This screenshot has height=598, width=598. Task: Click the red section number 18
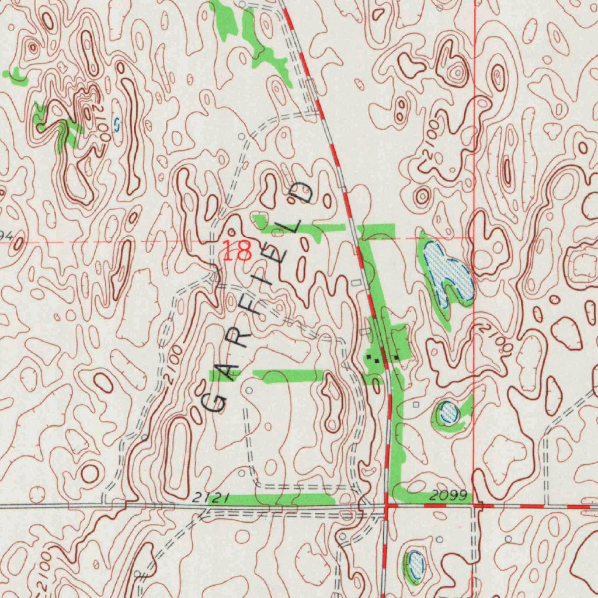[x=237, y=251]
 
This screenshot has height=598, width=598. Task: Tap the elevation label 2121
[x=208, y=497]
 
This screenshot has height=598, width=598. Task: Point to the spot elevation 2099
[x=448, y=496]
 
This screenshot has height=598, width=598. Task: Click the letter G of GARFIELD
[x=215, y=401]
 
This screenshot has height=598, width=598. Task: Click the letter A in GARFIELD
[x=230, y=370]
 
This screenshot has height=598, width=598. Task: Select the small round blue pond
[x=448, y=412]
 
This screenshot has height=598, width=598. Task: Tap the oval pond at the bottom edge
[x=415, y=564]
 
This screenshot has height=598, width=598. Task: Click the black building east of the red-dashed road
[x=397, y=356]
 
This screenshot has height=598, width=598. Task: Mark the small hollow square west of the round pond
[x=416, y=404]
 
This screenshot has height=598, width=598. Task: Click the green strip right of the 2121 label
[x=274, y=499]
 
